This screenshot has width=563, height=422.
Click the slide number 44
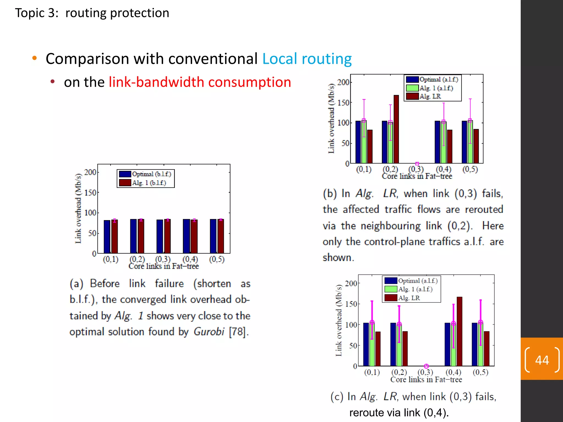click(542, 360)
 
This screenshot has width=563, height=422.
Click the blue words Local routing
click(307, 59)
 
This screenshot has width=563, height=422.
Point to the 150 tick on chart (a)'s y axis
click(90, 193)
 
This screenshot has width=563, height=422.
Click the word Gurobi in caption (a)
click(209, 332)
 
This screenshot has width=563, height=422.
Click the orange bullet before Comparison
click(34, 58)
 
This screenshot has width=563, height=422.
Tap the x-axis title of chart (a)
click(164, 266)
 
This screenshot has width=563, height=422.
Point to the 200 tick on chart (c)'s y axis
click(351, 284)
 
